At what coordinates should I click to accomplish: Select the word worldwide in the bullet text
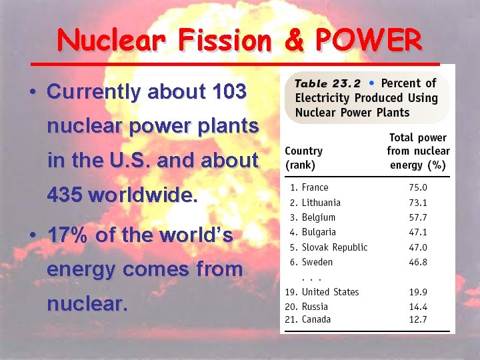[x=143, y=195]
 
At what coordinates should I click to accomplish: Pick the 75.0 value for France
[x=418, y=188]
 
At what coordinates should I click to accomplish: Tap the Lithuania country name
[x=321, y=203]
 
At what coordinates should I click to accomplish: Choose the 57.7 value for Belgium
[x=418, y=217]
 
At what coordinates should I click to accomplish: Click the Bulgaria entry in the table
[x=318, y=232]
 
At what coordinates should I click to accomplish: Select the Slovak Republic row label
[x=334, y=247]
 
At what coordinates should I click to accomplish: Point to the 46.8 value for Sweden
[x=418, y=262]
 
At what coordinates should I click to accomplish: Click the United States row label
[x=329, y=292]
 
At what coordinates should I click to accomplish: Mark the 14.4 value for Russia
[x=418, y=307]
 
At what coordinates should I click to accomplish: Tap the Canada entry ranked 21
[x=316, y=319]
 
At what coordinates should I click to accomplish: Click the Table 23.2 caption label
[x=327, y=84]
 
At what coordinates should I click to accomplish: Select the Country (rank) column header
[x=304, y=158]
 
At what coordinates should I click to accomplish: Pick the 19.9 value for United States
[x=418, y=292]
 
